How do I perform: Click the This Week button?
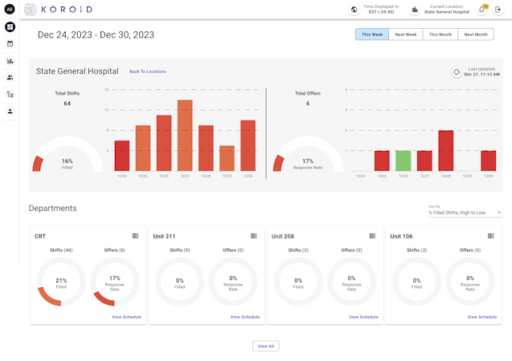[372, 34]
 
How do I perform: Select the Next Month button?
[476, 34]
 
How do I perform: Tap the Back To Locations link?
[148, 71]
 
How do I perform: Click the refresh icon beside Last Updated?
[457, 72]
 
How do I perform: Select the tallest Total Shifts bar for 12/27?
[185, 136]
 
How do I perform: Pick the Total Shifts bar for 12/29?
[227, 158]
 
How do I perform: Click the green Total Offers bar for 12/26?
[403, 160]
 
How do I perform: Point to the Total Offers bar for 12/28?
[445, 151]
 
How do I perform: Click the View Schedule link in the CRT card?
[126, 317]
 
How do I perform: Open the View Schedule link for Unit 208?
[363, 317]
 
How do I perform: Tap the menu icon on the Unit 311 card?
[254, 236]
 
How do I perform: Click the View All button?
[265, 346]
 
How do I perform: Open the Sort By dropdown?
[465, 213]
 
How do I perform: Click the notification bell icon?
[482, 10]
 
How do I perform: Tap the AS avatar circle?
[10, 10]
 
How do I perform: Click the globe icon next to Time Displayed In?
[354, 10]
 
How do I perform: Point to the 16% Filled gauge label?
[68, 164]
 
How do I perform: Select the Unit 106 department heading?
[401, 237]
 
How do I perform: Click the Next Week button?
[406, 34]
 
